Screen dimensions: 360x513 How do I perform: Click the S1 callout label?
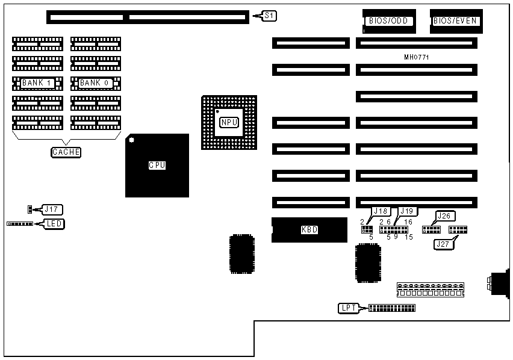coord(270,16)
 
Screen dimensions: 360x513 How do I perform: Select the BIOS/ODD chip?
coord(389,21)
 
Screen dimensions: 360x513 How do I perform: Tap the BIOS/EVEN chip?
coord(455,21)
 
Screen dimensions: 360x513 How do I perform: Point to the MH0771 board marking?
coord(417,57)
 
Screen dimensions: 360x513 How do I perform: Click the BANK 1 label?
coord(37,82)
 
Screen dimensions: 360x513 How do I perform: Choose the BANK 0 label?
coord(96,82)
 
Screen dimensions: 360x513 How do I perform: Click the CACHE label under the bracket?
coord(66,152)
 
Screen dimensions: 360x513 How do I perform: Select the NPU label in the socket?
coord(229,122)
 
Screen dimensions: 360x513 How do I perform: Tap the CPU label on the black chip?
coord(157,165)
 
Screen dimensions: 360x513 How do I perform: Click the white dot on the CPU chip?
coord(131,140)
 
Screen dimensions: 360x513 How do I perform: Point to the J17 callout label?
coord(52,209)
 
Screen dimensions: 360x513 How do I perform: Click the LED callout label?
coord(55,224)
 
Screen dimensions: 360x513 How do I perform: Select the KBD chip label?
coord(309,229)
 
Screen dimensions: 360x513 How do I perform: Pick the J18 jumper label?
coord(381,211)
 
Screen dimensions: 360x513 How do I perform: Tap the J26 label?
coord(444,216)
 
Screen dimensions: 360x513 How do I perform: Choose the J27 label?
coord(443,244)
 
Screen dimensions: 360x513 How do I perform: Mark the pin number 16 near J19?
coord(408,222)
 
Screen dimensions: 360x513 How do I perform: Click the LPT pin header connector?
coord(391,308)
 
